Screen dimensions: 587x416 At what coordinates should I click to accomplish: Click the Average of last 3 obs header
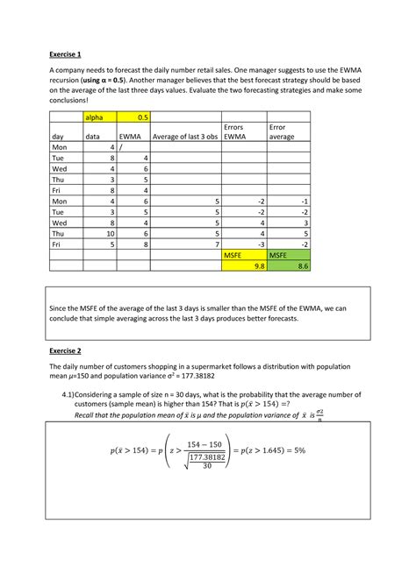185,138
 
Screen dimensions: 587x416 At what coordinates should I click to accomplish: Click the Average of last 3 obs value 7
215,244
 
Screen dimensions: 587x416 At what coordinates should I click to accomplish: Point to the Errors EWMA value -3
260,244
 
